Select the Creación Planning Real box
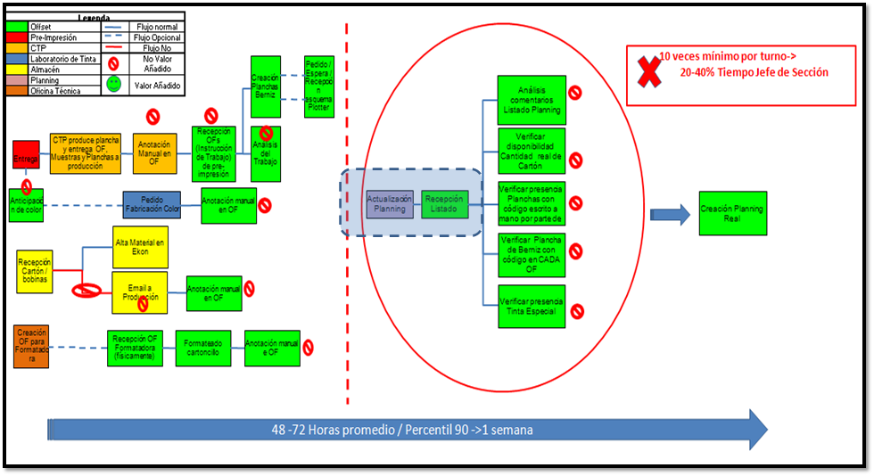[731, 212]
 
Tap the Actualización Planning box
[389, 203]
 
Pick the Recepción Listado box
[444, 203]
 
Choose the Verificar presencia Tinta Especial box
[531, 306]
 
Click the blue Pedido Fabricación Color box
[152, 205]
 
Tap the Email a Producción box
[140, 292]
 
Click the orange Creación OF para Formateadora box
[31, 349]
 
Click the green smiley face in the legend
[114, 83]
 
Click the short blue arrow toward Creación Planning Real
[670, 213]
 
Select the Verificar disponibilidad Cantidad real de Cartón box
[531, 152]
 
